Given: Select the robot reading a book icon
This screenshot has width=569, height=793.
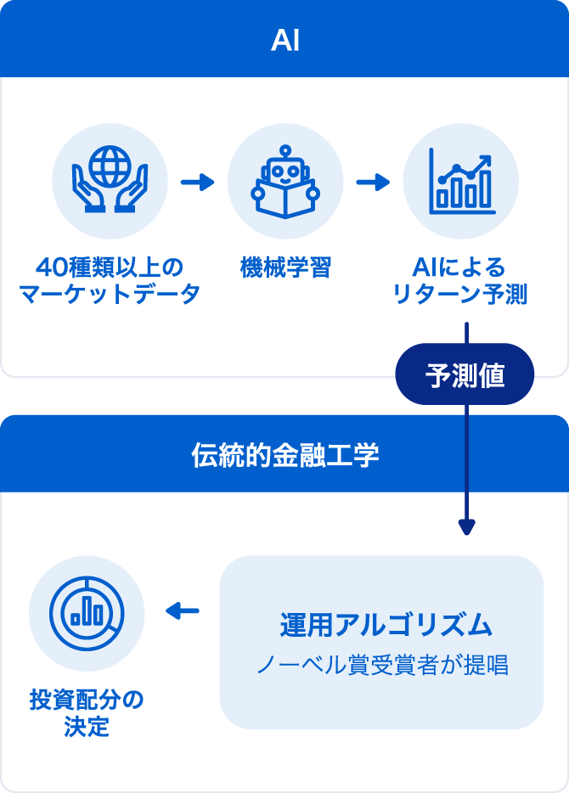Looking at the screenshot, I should click(284, 181).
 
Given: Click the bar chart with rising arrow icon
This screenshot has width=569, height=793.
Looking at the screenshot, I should click(460, 181).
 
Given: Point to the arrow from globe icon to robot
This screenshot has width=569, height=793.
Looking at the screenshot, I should click(197, 182).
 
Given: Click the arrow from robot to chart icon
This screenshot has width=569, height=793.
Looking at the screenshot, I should click(372, 182).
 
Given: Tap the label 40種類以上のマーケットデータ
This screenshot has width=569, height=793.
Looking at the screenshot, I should click(110, 281).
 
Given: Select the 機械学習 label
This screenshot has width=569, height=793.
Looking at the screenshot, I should click(284, 268).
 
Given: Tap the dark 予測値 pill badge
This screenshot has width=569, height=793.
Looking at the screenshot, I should click(465, 374).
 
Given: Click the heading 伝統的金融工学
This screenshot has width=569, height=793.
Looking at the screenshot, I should click(284, 455).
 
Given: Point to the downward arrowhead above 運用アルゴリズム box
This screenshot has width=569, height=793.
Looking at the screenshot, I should click(466, 526).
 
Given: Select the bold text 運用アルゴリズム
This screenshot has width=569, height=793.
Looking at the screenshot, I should click(386, 625).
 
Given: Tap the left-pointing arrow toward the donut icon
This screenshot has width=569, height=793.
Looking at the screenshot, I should click(182, 610).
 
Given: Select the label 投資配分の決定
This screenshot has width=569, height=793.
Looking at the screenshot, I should click(87, 714).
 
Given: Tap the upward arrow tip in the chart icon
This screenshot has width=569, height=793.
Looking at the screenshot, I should click(486, 158).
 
